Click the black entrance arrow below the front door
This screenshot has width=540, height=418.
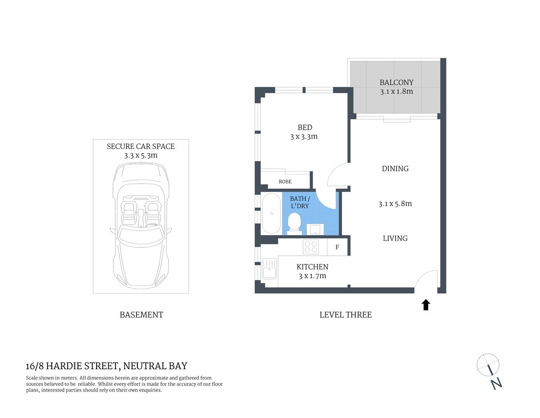click(426, 305)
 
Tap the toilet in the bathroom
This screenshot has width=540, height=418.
click(294, 222)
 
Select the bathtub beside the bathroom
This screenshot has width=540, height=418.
click(271, 214)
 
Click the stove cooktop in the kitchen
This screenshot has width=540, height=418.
click(311, 247)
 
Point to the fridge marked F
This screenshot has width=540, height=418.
click(337, 247)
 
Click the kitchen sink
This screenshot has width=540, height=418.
click(269, 268)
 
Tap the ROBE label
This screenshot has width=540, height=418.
click(285, 182)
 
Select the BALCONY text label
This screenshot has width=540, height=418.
click(396, 82)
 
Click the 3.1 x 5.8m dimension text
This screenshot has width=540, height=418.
click(395, 203)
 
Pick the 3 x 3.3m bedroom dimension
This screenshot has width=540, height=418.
click(304, 137)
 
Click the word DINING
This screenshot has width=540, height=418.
click(395, 169)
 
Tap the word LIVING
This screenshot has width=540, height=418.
click(395, 238)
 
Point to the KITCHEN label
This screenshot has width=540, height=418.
click(312, 267)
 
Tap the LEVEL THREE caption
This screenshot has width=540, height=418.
click(345, 315)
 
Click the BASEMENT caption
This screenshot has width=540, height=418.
click(141, 315)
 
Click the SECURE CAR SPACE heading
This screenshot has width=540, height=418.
click(140, 146)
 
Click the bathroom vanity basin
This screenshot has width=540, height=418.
click(314, 229)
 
